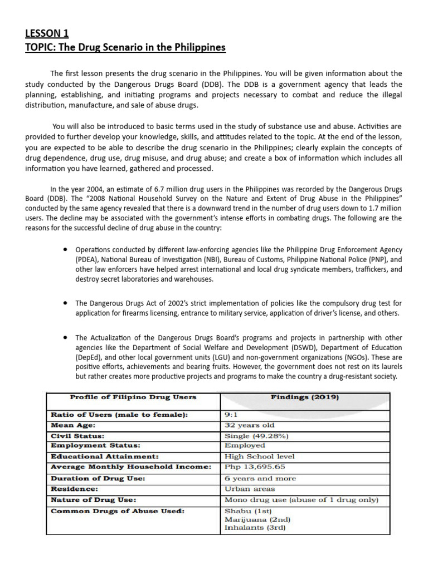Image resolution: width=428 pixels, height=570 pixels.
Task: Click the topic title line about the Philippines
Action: point(125,47)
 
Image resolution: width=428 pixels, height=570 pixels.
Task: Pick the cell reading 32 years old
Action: point(249,425)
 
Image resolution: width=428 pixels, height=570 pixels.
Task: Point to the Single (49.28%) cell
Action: point(256,435)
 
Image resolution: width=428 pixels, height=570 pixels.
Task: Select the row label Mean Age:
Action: point(74,425)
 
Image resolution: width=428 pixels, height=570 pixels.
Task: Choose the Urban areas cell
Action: point(249,489)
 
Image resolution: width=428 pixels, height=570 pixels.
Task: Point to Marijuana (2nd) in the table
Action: point(257,519)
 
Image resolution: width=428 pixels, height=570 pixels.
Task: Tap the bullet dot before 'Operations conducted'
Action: point(66,249)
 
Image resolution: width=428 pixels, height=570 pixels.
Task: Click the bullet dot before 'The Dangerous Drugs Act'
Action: point(66,303)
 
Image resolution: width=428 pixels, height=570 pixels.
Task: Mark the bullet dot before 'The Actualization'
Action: point(66,337)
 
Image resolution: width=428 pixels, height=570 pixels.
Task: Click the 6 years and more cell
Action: point(260,478)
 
